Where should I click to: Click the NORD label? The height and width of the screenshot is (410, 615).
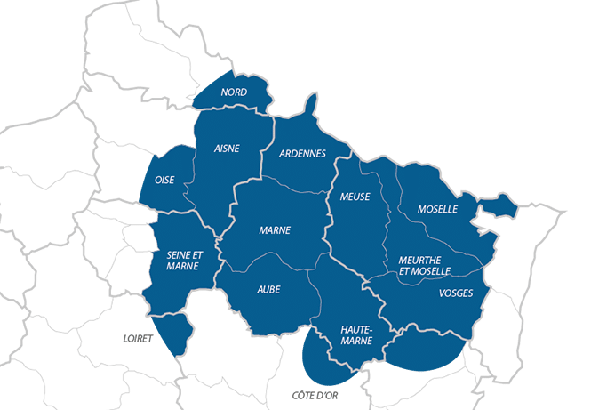click(x=234, y=92)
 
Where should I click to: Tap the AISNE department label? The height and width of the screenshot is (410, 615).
click(x=227, y=149)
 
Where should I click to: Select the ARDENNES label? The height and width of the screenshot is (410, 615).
click(x=302, y=153)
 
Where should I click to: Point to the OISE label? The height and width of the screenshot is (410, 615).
click(x=164, y=180)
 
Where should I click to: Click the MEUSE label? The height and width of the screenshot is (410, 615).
click(x=355, y=197)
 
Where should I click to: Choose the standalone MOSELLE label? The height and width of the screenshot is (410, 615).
click(x=437, y=209)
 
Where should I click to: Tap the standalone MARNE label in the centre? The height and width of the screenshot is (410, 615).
click(x=275, y=230)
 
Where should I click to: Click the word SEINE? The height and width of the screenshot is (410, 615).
click(x=178, y=254)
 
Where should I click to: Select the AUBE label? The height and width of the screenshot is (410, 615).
click(x=268, y=289)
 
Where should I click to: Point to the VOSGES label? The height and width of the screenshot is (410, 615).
click(x=456, y=293)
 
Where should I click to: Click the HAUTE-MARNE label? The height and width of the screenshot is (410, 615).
click(x=356, y=334)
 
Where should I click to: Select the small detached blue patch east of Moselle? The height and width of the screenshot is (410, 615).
click(x=503, y=207)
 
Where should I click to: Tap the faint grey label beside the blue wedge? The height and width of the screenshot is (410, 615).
click(x=138, y=339)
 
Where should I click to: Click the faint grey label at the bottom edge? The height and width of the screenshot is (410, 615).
click(x=315, y=395)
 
